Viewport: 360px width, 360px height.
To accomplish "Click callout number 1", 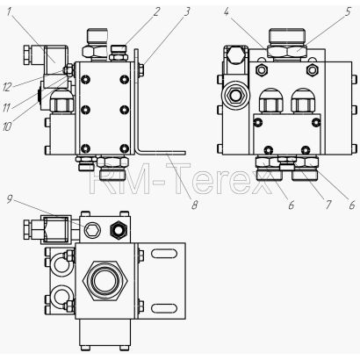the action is [9, 12].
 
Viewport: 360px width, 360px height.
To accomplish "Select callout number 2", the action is [156, 11].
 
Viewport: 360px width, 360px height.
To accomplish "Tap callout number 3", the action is [187, 11].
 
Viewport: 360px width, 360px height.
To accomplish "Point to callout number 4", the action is [227, 12].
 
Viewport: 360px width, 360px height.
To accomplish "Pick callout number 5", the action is [348, 12].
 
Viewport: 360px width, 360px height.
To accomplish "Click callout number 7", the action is [328, 205].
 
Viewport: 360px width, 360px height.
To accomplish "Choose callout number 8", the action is [195, 205].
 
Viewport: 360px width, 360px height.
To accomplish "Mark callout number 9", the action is [10, 199].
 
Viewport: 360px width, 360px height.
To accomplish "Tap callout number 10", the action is [7, 126].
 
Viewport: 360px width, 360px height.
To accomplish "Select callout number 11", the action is [6, 108].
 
